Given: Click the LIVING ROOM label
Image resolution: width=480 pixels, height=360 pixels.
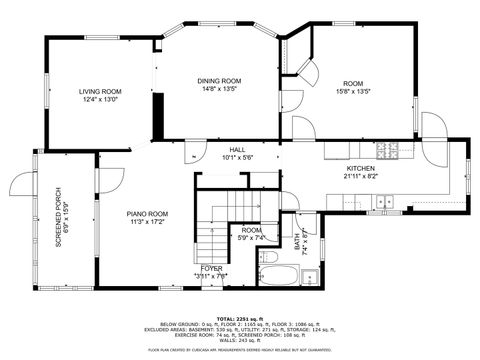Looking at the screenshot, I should [100, 92].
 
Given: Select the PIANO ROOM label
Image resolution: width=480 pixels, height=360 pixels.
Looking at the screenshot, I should [146, 214].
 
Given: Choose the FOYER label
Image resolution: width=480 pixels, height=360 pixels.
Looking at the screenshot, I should [212, 268].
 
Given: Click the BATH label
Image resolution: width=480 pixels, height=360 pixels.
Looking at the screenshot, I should [297, 241].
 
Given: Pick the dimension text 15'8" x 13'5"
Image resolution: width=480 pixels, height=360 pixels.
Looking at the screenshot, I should [353, 91].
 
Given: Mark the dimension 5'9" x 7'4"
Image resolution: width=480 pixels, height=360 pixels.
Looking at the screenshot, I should [251, 238].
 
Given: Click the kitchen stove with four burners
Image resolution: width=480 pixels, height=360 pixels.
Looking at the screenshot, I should [387, 151].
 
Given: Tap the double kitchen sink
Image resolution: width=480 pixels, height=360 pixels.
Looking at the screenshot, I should [384, 202].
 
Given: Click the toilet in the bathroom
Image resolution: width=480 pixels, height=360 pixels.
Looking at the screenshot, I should [310, 276].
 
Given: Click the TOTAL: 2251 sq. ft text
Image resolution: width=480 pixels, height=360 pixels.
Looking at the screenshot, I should [240, 317].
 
